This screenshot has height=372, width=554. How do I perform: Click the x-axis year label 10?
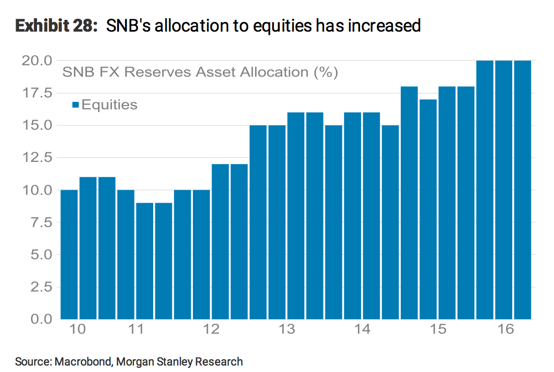[78, 329]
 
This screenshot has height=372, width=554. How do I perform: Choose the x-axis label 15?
[438, 329]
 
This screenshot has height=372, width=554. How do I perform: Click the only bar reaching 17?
[428, 209]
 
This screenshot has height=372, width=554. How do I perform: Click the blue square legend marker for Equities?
[76, 105]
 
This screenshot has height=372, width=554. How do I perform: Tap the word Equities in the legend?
[109, 105]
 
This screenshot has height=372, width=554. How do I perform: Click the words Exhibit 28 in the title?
[53, 25]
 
